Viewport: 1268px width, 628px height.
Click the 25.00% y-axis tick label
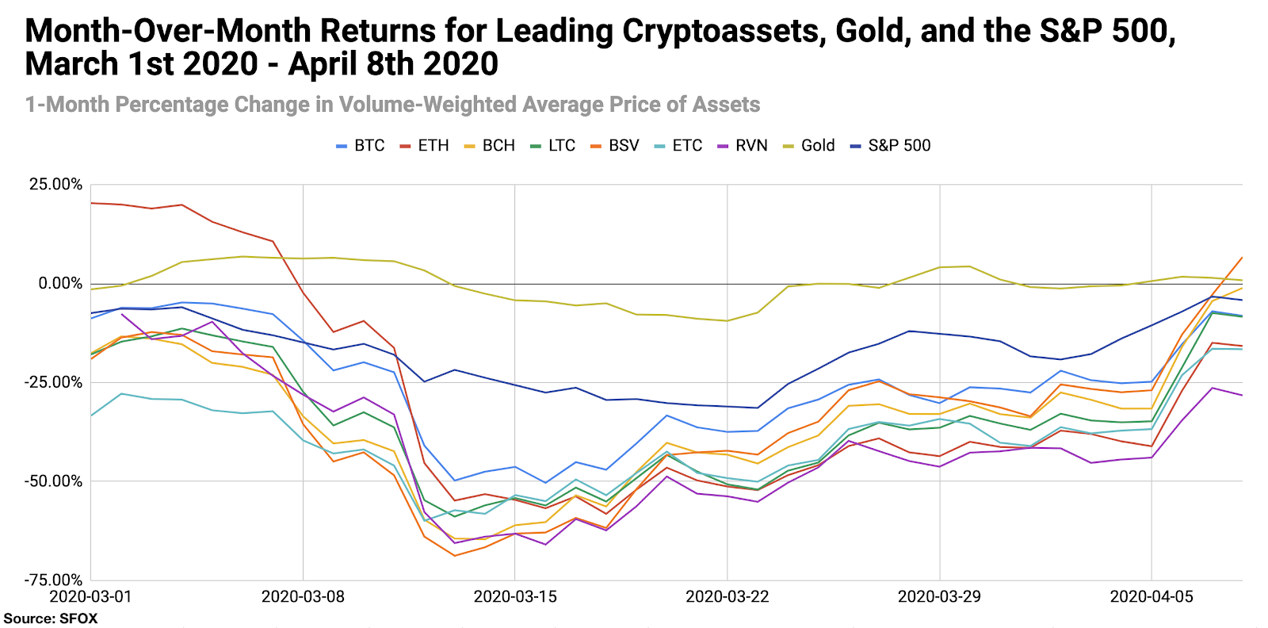(x=55, y=185)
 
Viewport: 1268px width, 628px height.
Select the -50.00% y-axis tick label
(x=53, y=481)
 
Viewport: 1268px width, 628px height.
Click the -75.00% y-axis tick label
(x=53, y=580)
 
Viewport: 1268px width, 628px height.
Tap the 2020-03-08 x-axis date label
(x=303, y=597)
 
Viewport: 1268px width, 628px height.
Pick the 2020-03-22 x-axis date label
(x=728, y=597)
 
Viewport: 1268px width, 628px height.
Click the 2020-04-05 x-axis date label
(x=1151, y=597)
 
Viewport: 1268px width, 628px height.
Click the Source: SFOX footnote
(x=51, y=618)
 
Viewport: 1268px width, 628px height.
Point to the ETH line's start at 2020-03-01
(x=92, y=203)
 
